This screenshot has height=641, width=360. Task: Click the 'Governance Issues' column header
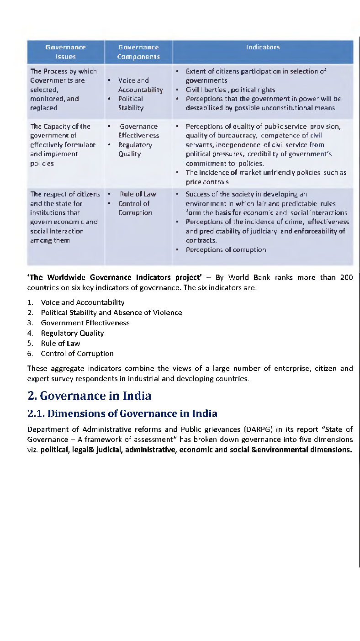coord(65,52)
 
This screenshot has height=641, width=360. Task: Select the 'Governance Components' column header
coord(138,52)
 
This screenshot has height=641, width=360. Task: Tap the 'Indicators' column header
coord(263,47)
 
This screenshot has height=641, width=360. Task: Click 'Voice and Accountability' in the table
coord(140,85)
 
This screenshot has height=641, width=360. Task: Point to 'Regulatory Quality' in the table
coord(135,149)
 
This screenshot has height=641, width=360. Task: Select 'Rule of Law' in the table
coord(138,194)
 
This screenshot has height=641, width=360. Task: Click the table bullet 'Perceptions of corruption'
coord(225,249)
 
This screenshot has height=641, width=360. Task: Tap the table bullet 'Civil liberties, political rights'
coord(230,90)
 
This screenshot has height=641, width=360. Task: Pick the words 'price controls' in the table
coord(207,182)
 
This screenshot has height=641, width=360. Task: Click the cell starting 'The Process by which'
coord(64,90)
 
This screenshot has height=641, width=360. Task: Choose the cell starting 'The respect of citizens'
coord(65,217)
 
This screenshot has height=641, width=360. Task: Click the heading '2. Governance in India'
coord(89,395)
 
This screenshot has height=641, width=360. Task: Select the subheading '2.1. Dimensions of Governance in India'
coord(122,413)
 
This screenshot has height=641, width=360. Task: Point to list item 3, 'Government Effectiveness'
coord(85,323)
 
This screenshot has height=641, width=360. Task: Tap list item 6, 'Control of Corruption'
coord(77,354)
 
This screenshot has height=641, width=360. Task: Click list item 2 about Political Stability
coord(111,313)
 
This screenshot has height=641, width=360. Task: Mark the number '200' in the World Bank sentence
coord(346,277)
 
